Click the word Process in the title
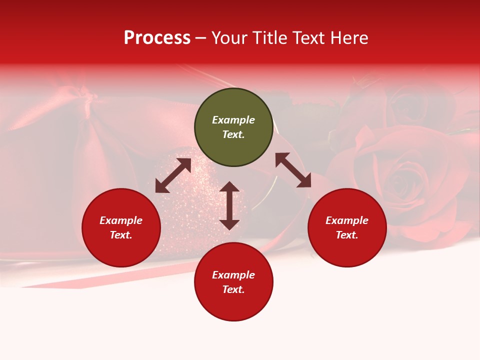157,38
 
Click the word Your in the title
230,38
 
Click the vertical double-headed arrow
229,205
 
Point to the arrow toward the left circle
173,175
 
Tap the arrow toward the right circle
293,170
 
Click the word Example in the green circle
233,120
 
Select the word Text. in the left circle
121,235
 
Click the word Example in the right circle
347,220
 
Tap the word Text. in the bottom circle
233,289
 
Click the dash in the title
201,38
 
